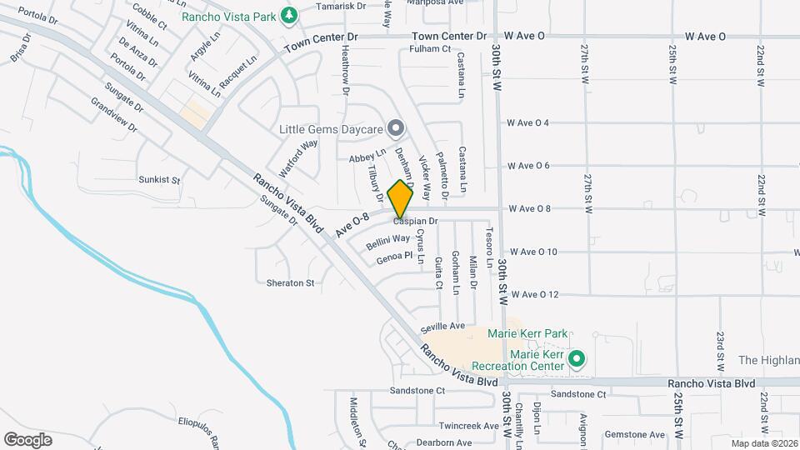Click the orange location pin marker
coord(401,198)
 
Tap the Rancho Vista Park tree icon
coord(289,14)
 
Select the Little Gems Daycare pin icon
coord(397,128)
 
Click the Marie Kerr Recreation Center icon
coord(576,360)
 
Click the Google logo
coord(27,439)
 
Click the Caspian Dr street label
coord(416,222)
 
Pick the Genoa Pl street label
coord(394,258)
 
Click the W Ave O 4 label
coord(528,123)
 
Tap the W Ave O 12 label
coord(534,294)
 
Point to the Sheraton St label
coord(290,283)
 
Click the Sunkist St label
coord(159,179)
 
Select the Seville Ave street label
coord(442,326)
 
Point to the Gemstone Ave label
coord(635,435)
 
